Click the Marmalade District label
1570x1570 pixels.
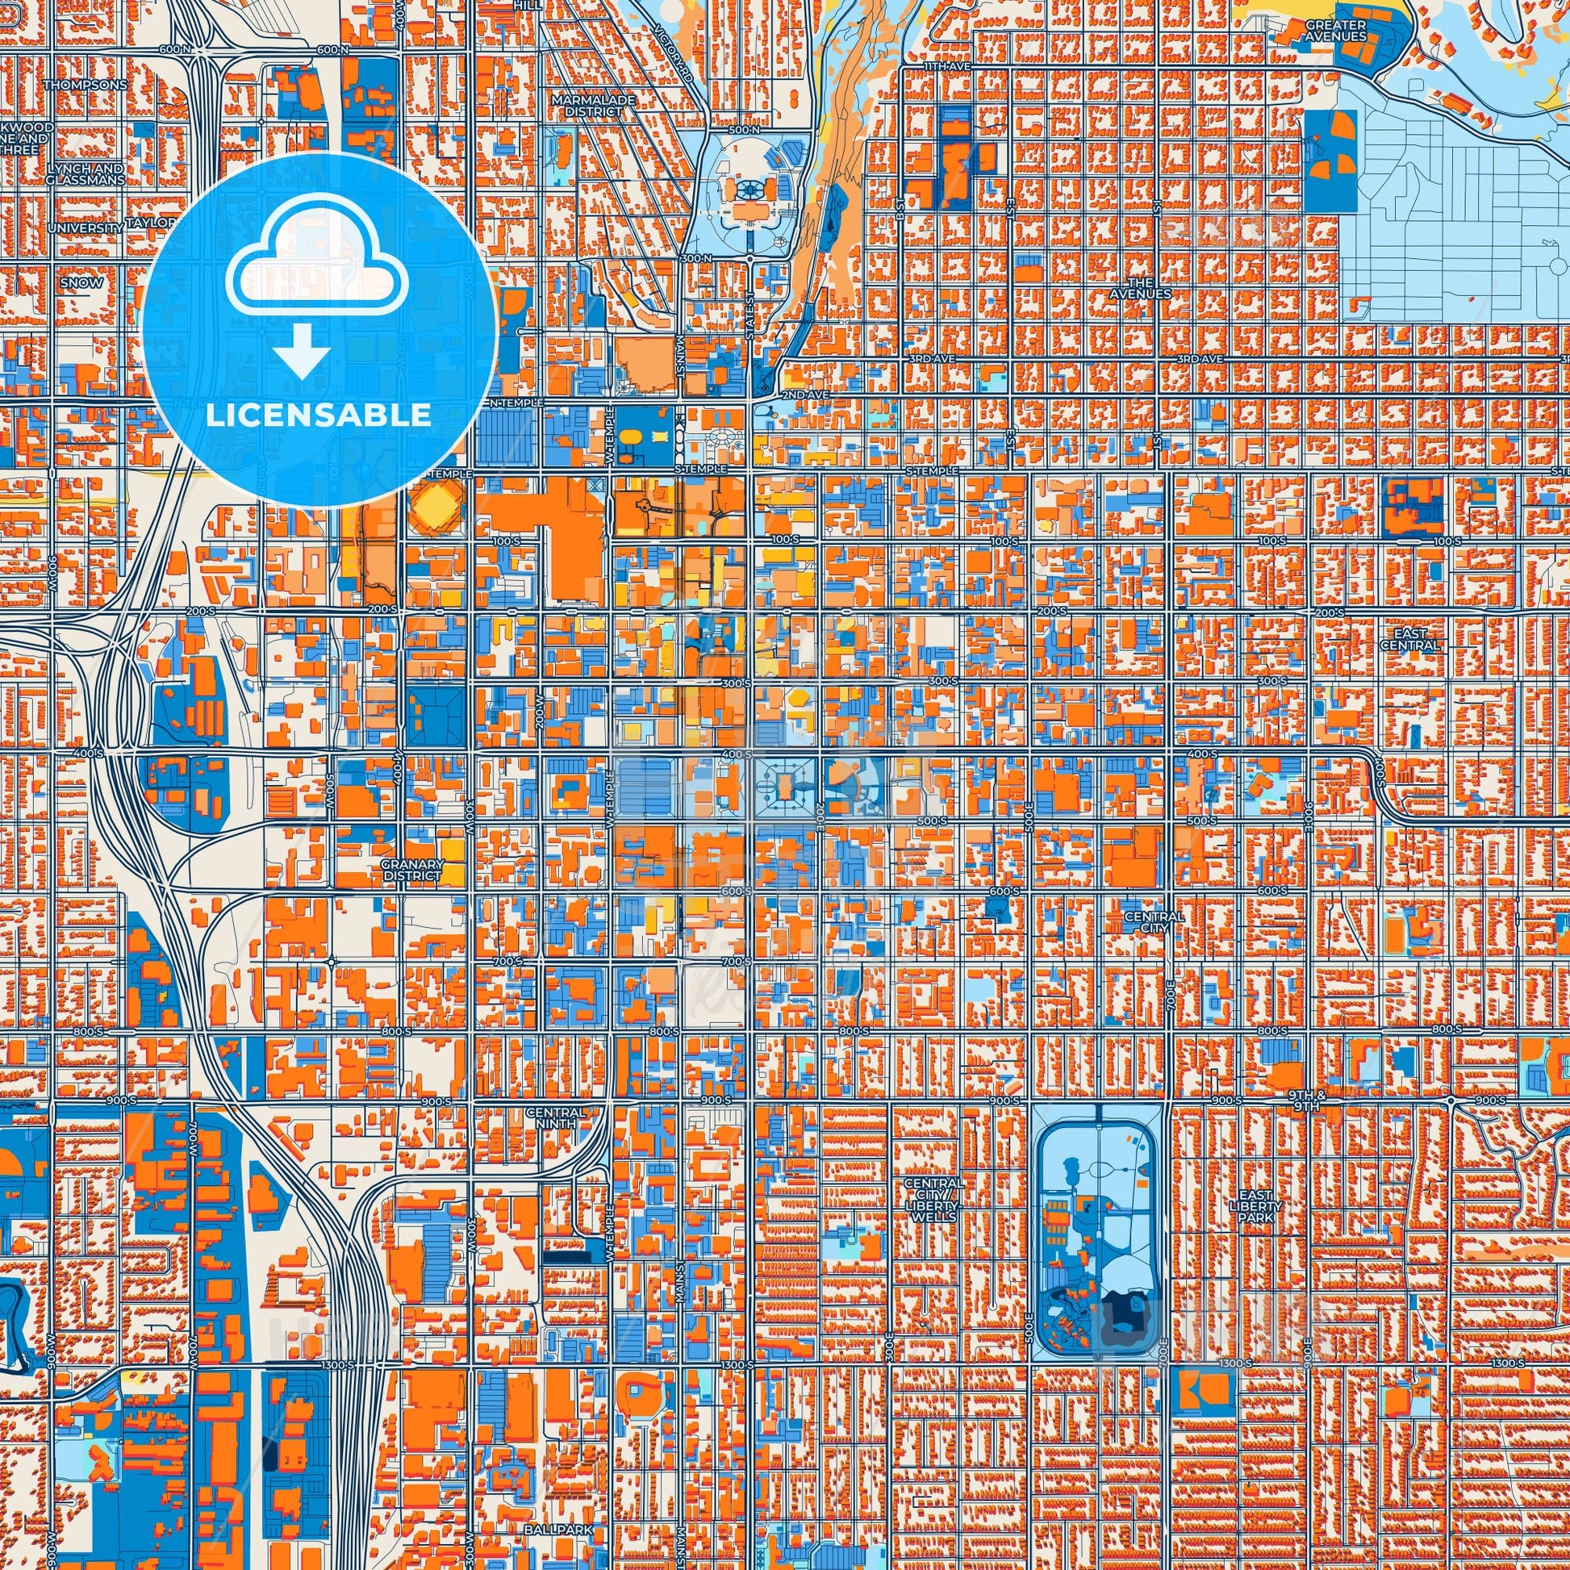tap(582, 105)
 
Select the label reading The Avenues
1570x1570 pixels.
tap(1142, 288)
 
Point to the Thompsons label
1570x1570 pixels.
tap(86, 85)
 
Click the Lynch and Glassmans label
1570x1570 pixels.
tap(86, 173)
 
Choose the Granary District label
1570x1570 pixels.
tap(415, 870)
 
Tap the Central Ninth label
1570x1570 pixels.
tap(556, 1117)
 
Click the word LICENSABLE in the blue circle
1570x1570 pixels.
tap(318, 415)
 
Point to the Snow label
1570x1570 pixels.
tap(86, 283)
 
